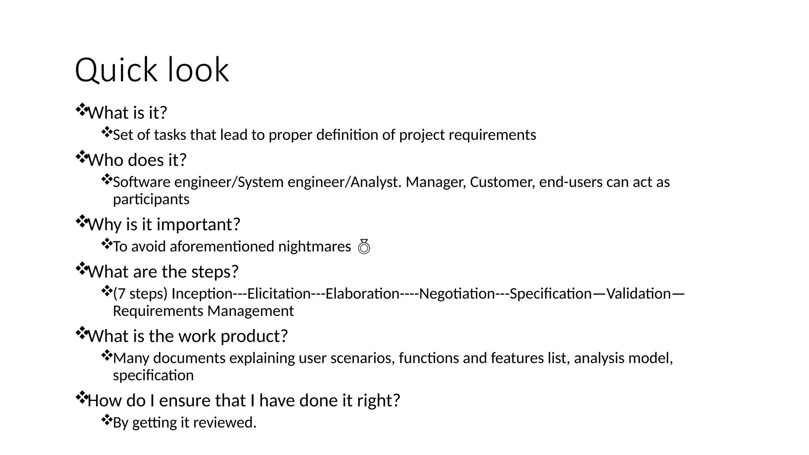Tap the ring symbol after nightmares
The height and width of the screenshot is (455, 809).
pyautogui.click(x=364, y=246)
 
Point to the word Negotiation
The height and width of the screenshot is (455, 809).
pyautogui.click(x=457, y=294)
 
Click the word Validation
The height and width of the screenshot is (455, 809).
pyautogui.click(x=638, y=294)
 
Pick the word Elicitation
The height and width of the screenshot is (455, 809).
pyautogui.click(x=279, y=294)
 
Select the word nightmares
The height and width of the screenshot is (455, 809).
pyautogui.click(x=314, y=246)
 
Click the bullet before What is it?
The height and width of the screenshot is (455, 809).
pyautogui.click(x=81, y=110)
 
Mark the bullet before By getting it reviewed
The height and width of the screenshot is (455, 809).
pyautogui.click(x=107, y=420)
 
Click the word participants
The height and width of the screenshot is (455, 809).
pyautogui.click(x=151, y=199)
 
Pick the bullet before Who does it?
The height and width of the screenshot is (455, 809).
pyautogui.click(x=81, y=157)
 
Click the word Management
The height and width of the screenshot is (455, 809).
pyautogui.click(x=250, y=311)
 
